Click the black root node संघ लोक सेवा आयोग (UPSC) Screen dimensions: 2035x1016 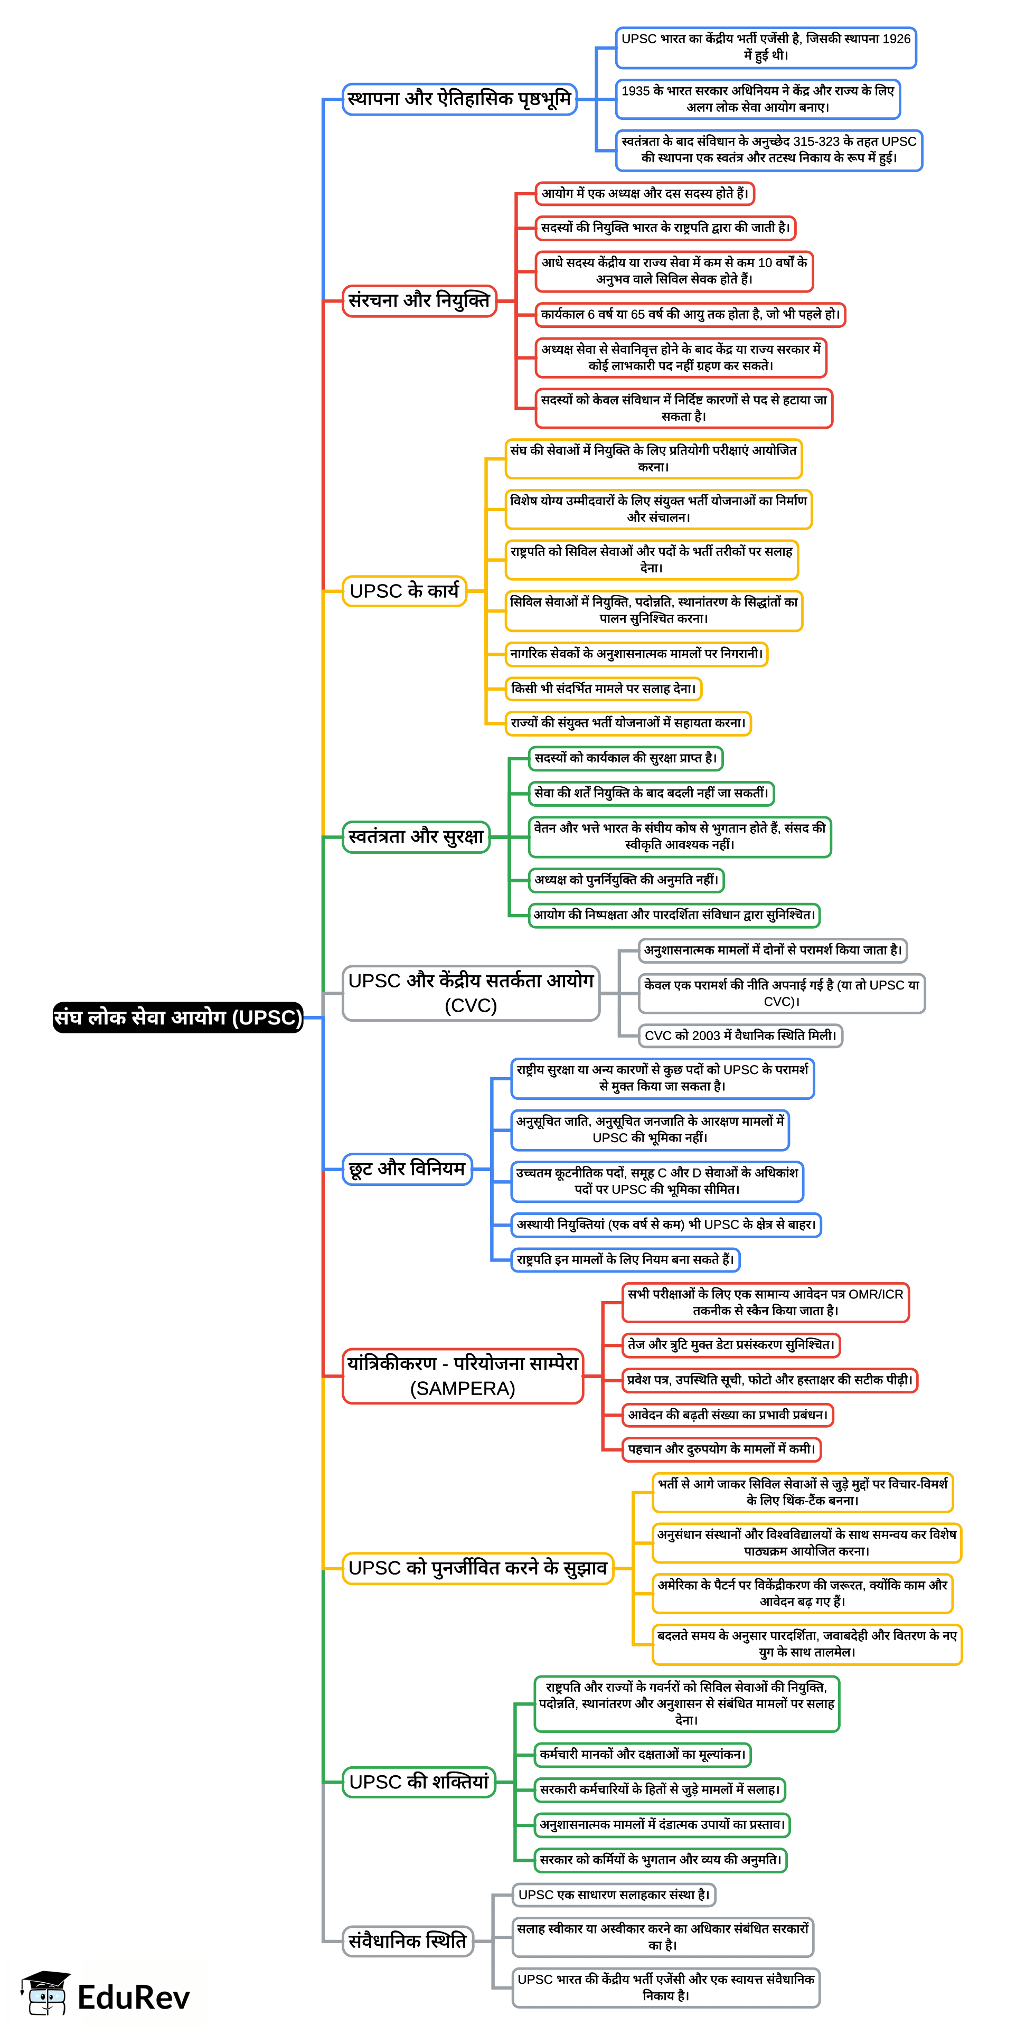tap(178, 1017)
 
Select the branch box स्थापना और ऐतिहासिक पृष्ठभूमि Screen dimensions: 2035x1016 tap(459, 100)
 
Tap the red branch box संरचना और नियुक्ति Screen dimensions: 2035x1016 tap(419, 301)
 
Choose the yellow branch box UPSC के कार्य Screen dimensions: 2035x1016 tap(404, 591)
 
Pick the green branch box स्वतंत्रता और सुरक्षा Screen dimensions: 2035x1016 tap(416, 836)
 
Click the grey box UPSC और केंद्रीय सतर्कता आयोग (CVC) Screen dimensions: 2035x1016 tap(471, 993)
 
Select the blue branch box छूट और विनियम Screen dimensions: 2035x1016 tap(407, 1169)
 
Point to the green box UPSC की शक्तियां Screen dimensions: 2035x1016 tap(419, 1782)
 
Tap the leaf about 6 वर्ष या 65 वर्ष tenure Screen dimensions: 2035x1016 tap(689, 314)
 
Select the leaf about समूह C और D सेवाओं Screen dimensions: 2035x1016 tap(656, 1181)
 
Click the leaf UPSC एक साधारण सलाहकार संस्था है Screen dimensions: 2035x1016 tap(614, 1895)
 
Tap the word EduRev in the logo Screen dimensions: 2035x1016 tap(134, 1998)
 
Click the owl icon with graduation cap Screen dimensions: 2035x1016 tap(46, 1993)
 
